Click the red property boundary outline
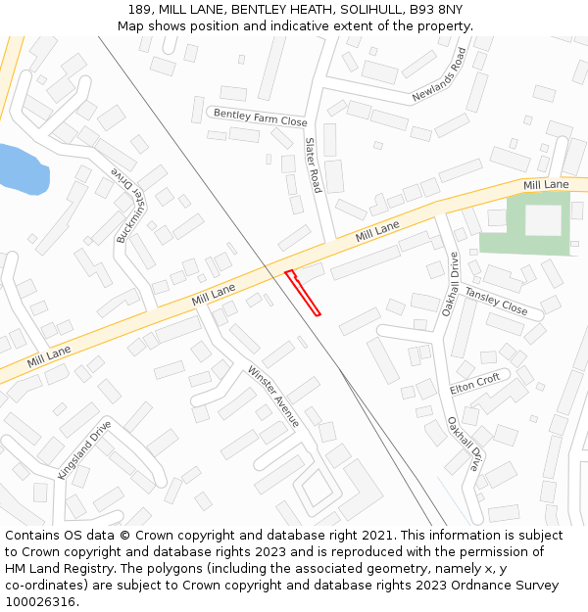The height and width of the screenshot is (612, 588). [x=303, y=293]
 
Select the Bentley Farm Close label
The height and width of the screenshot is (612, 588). [x=260, y=118]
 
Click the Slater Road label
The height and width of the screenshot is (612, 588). [x=313, y=165]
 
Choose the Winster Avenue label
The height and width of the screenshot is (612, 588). [x=273, y=396]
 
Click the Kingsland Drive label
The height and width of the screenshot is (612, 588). [x=84, y=449]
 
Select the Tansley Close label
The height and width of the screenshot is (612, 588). [x=496, y=302]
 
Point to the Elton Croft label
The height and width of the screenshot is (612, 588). [x=475, y=384]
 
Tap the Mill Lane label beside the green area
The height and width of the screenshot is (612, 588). [x=546, y=185]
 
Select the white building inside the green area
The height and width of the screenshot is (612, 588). [x=543, y=220]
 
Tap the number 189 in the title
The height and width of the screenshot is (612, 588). [x=139, y=10]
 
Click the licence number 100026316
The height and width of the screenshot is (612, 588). [x=41, y=601]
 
